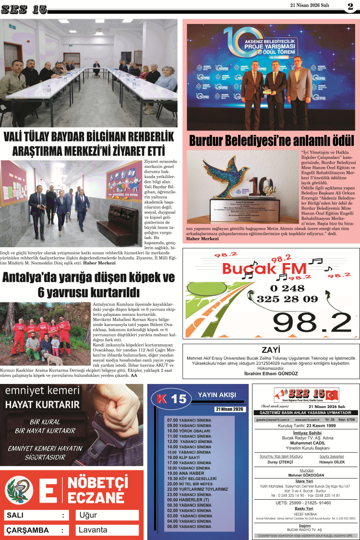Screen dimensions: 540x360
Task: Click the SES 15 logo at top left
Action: [24, 9]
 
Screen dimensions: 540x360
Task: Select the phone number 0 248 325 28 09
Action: [287, 293]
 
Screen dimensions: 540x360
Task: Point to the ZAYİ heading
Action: [271, 349]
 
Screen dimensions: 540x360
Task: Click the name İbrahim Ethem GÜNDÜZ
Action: [271, 373]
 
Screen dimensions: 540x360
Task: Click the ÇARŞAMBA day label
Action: [27, 530]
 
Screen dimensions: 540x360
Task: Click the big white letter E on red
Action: [48, 490]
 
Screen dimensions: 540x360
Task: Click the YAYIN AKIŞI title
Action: [217, 395]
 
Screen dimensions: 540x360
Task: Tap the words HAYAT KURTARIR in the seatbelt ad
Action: [43, 404]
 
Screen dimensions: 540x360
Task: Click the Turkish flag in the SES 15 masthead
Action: [331, 395]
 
